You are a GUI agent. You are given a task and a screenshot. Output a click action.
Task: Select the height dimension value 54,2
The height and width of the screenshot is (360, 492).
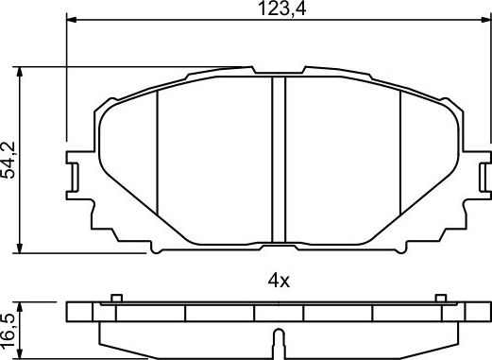[x=10, y=160]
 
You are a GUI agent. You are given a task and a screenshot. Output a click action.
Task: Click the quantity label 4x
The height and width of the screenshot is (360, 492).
[x=280, y=280]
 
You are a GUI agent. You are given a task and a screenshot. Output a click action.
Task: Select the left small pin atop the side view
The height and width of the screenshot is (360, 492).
[x=115, y=300]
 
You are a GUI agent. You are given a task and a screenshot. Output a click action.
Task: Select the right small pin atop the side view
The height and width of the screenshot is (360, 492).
[x=441, y=300]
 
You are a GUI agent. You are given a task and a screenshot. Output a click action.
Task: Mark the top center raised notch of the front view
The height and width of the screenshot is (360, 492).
[x=279, y=71]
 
